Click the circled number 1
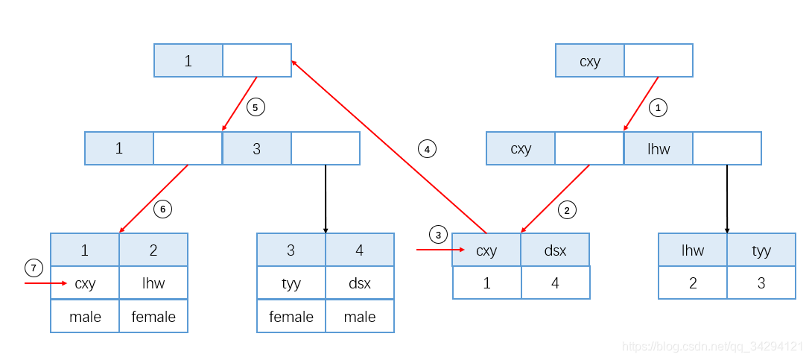click(657, 108)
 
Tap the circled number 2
click(567, 210)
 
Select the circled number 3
click(438, 235)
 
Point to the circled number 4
click(427, 149)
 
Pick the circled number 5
click(256, 107)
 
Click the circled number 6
click(162, 209)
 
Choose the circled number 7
click(34, 268)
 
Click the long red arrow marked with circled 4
click(389, 147)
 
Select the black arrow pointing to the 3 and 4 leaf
click(326, 199)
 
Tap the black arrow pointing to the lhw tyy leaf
click(727, 199)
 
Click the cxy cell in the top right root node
click(590, 60)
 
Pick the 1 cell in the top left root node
click(188, 60)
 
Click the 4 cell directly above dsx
click(360, 250)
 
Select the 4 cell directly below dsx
click(555, 282)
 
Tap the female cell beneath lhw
click(153, 316)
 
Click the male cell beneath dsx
click(360, 316)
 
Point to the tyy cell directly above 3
click(761, 250)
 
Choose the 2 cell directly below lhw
click(692, 282)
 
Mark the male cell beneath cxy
click(85, 316)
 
